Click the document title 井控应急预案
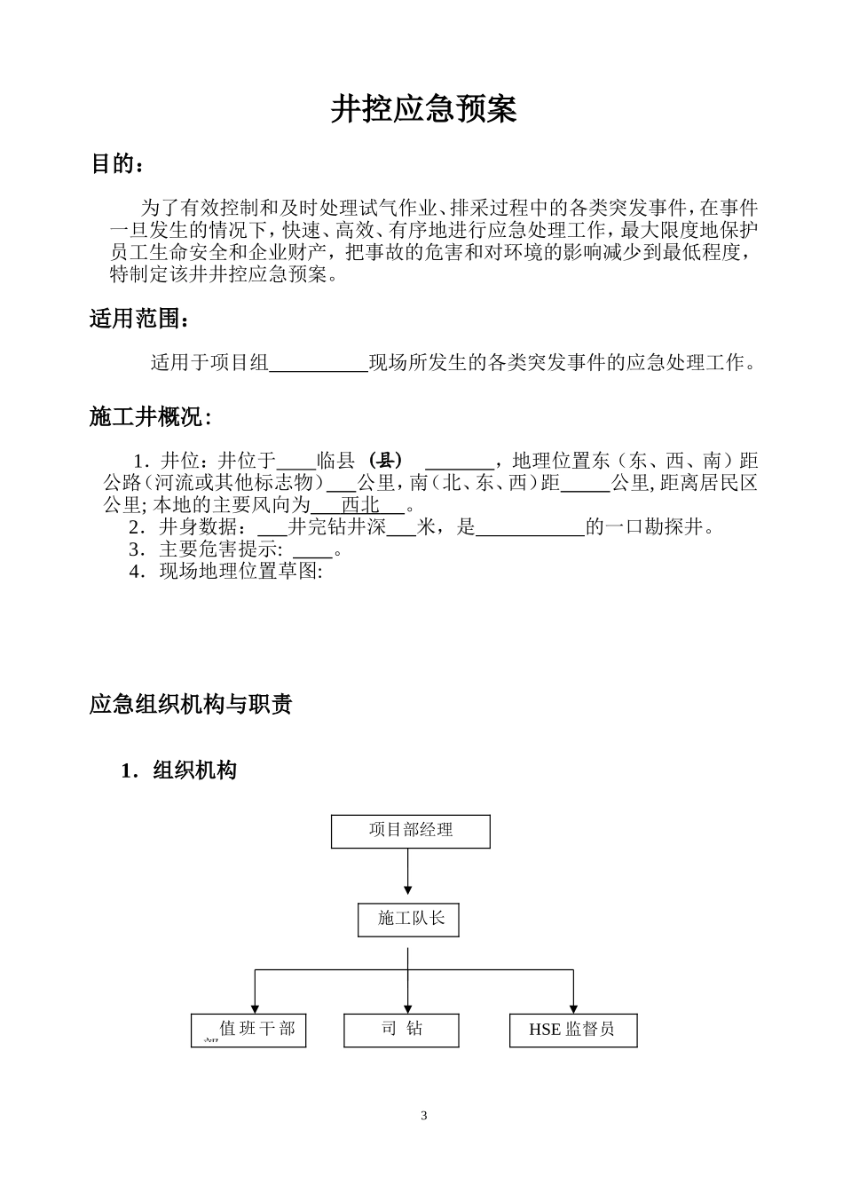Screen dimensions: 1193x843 click(423, 109)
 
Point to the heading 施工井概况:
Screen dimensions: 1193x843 click(150, 417)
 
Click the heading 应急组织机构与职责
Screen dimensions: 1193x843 click(191, 705)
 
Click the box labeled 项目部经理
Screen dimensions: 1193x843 click(410, 831)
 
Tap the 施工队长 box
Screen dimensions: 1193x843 click(409, 920)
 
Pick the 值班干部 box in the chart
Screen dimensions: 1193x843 click(248, 1030)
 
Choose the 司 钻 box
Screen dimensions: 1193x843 click(401, 1030)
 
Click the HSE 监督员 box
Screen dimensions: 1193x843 click(573, 1030)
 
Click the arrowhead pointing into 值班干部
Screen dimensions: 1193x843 click(256, 1007)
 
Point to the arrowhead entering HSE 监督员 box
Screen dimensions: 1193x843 click(573, 1007)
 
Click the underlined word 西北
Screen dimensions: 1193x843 click(360, 505)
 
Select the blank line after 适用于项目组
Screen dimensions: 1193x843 click(318, 364)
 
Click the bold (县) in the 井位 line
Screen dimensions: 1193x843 click(386, 461)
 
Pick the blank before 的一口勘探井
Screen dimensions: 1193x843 click(530, 528)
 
